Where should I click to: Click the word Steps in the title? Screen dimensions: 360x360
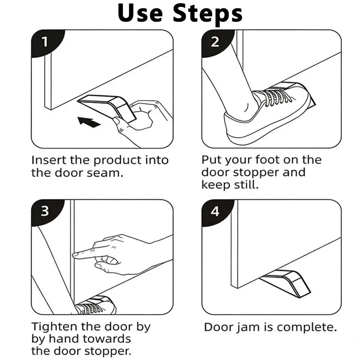point(208,13)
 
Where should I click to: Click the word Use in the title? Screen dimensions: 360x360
point(140,13)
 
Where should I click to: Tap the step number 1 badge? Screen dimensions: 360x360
point(45,42)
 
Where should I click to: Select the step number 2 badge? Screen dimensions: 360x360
point(215,42)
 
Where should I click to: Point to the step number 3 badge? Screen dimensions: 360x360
point(45,211)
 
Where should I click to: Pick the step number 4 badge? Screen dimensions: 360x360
point(215,211)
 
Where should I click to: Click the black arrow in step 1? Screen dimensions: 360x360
point(89,122)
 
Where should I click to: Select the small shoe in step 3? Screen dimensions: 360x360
point(95,305)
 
